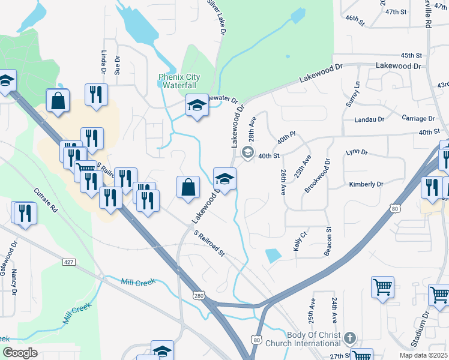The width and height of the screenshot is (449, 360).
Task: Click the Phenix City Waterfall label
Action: click(x=179, y=81)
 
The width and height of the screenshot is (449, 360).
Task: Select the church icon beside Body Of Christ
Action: click(x=351, y=338)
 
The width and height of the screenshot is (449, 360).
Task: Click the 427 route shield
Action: click(x=69, y=262)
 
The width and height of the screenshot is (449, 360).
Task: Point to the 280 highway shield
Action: click(x=200, y=296)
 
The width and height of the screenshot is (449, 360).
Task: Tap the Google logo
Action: click(x=20, y=353)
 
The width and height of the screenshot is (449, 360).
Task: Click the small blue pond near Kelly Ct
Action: click(x=273, y=255)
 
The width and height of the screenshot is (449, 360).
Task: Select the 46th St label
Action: click(x=355, y=22)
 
